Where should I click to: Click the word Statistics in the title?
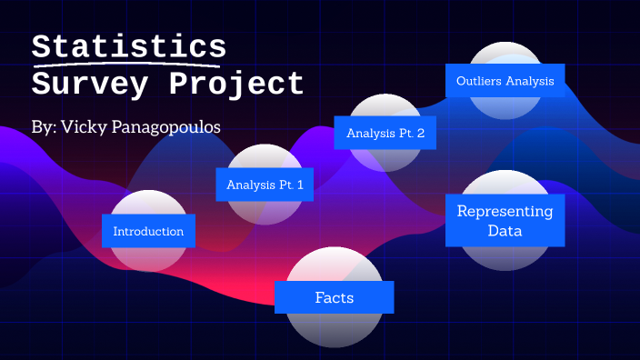click(x=128, y=47)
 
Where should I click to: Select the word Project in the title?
click(x=236, y=85)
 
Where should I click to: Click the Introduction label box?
click(x=148, y=231)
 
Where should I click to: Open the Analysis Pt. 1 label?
click(x=265, y=185)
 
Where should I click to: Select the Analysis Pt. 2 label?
click(x=385, y=133)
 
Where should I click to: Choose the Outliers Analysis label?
click(x=505, y=80)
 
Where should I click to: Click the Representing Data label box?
click(x=505, y=220)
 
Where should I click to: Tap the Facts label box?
click(x=334, y=297)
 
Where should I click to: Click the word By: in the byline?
click(x=43, y=127)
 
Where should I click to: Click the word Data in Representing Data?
click(x=505, y=231)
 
